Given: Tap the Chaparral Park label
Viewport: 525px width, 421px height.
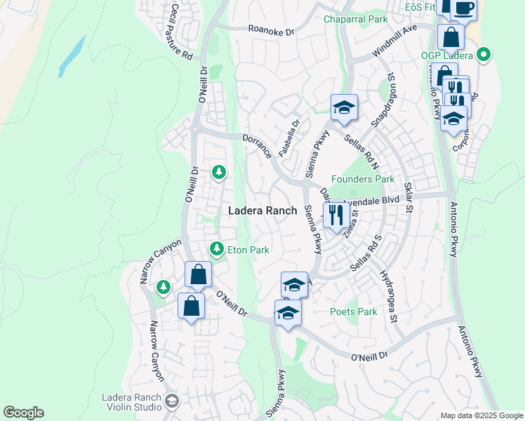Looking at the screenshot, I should point(354,20).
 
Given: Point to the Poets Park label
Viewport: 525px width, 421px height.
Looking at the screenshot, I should point(354,312).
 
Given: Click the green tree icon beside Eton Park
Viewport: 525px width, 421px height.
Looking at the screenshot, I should point(217,248).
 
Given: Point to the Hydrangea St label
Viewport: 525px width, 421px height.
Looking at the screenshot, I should point(388,295).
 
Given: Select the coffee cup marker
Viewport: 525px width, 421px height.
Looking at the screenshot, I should point(463,8).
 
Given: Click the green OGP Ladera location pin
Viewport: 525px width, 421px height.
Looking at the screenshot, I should point(484,54).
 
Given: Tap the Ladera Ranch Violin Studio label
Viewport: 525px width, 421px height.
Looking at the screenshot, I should point(132,402).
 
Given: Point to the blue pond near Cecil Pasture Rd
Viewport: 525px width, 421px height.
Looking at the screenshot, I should point(72,56).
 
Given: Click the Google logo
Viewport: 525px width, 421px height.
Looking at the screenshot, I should point(24,413).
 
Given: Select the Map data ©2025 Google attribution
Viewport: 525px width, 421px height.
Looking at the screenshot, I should point(481,415).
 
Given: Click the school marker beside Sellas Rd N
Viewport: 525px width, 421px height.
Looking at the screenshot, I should point(344,108).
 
